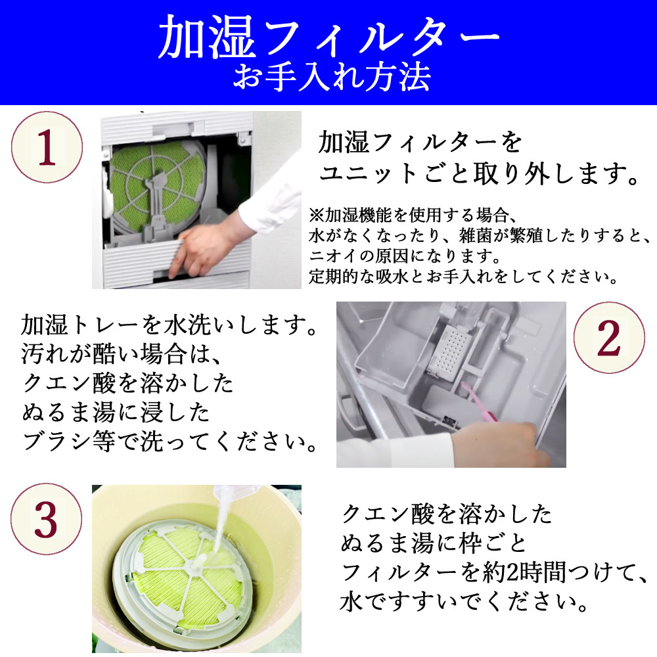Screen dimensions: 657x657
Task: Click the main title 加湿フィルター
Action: (x=328, y=39)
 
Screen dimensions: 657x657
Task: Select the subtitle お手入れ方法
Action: (x=332, y=78)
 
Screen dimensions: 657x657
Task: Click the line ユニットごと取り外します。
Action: (x=479, y=175)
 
